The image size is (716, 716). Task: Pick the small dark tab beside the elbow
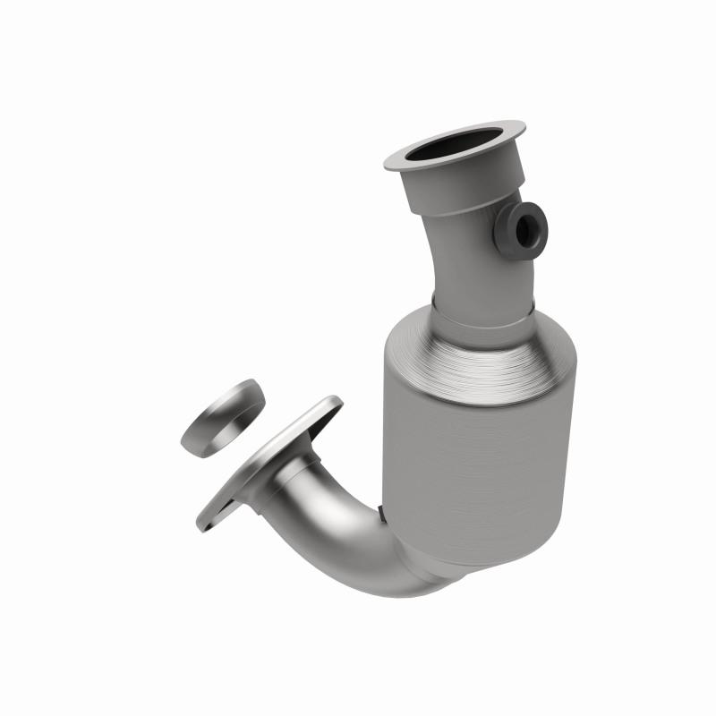tap(381, 514)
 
